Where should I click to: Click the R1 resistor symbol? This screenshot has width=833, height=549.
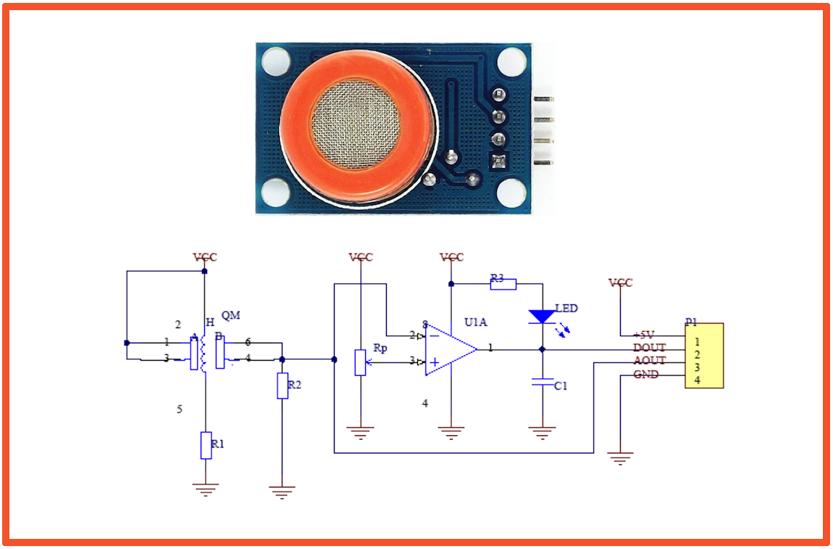coord(206,444)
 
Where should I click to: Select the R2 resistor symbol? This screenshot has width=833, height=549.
coord(282,385)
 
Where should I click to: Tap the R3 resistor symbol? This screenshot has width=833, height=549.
coord(503,284)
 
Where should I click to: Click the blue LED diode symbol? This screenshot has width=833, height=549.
coord(541,317)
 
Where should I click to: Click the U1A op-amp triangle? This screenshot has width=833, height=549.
coord(449,349)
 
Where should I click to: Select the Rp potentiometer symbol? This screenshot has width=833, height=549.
coord(361,362)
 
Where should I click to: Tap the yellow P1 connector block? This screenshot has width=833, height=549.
coord(704,356)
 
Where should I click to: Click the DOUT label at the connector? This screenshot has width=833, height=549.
coord(649,348)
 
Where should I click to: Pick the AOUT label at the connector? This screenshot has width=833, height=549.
coord(649,361)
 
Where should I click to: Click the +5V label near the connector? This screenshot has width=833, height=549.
coord(644,335)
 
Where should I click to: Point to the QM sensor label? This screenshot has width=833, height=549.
coord(230,315)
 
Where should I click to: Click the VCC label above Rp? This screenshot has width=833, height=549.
coord(361,257)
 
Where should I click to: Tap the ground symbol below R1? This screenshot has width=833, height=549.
coord(206,489)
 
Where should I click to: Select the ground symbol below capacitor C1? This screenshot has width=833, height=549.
coord(541,432)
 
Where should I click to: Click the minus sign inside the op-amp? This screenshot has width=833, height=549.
coord(434,335)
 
